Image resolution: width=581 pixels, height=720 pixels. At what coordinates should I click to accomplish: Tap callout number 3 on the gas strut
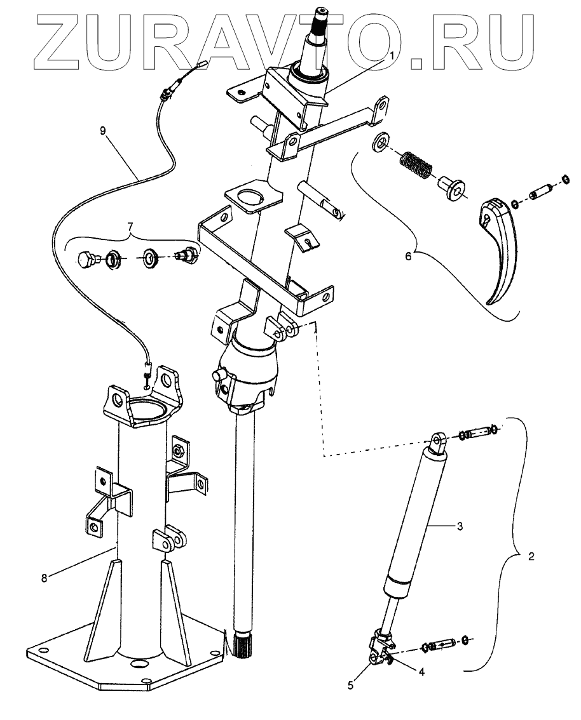[x=458, y=526]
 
